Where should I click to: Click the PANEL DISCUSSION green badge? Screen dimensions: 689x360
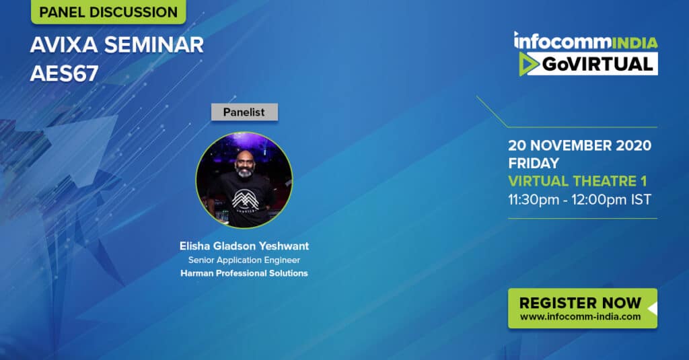[108, 11]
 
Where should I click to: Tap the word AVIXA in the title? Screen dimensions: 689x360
[64, 45]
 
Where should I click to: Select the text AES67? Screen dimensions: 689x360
[64, 73]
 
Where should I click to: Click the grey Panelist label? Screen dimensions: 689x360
[244, 112]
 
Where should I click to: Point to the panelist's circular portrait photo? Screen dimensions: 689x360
[244, 180]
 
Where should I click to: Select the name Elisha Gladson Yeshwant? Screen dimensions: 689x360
[244, 246]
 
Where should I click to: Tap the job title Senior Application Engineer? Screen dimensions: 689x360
[244, 260]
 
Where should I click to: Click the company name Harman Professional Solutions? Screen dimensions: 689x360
[244, 273]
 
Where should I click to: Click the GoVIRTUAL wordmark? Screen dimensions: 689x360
[597, 65]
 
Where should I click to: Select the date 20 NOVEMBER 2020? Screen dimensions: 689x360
[579, 145]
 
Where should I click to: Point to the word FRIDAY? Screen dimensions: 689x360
[534, 163]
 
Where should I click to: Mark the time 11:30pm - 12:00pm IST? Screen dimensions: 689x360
[579, 200]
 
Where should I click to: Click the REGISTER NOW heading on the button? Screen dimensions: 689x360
[580, 303]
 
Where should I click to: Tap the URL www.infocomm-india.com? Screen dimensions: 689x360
[580, 316]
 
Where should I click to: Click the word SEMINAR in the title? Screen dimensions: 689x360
[154, 45]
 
